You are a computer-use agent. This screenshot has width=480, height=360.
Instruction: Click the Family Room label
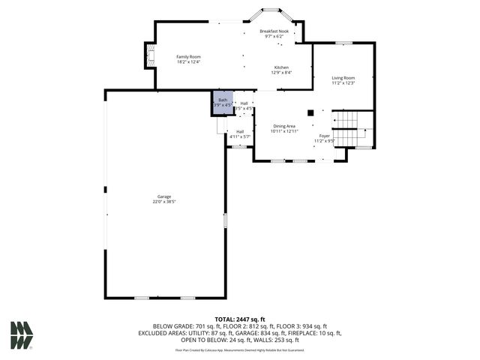coord(188,57)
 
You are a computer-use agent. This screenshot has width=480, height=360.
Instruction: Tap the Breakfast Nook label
coord(274,31)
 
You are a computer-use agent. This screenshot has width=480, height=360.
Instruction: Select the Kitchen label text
coord(281,67)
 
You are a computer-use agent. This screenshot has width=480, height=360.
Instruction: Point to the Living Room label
coord(343,78)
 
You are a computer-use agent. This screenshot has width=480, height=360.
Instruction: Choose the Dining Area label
coord(284,126)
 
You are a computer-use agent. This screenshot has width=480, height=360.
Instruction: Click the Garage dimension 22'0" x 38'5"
coord(164,202)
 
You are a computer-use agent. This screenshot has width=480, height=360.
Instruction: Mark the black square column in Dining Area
coord(310,113)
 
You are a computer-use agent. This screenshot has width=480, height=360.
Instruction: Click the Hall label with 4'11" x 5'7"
coord(240,134)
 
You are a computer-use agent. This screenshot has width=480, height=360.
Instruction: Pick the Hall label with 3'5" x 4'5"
coord(244,106)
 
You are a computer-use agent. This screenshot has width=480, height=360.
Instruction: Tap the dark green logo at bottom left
coord(21,335)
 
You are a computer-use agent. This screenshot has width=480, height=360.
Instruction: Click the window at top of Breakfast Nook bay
coord(271,10)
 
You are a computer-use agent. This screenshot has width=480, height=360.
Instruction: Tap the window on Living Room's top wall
coord(343,43)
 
